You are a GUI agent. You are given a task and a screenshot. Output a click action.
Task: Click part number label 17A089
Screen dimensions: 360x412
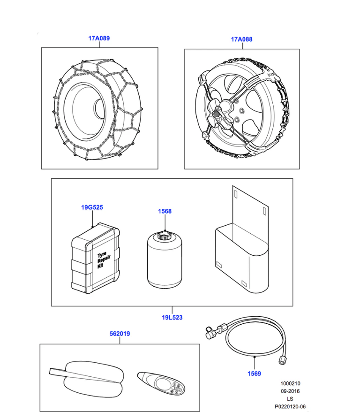click(x=99, y=38)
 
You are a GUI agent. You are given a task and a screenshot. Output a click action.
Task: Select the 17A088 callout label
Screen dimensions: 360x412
click(x=241, y=39)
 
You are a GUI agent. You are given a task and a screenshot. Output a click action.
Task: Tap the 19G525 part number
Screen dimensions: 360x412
click(x=92, y=207)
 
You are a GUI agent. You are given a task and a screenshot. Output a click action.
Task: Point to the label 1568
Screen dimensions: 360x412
click(x=165, y=211)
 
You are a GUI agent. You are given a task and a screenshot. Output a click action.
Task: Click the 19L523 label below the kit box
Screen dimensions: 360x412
click(x=172, y=318)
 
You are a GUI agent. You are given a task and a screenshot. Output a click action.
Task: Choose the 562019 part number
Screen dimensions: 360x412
click(x=120, y=334)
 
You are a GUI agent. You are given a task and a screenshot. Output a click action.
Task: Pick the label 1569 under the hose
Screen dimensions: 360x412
click(x=254, y=374)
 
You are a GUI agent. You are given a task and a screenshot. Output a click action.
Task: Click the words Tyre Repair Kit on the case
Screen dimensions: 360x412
click(x=104, y=260)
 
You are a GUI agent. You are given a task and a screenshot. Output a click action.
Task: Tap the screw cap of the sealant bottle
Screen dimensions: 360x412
click(x=164, y=235)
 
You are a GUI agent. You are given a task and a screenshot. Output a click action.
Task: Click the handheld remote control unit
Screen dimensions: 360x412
click(x=161, y=383)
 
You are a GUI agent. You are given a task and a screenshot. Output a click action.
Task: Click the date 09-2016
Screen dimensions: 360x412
click(x=290, y=391)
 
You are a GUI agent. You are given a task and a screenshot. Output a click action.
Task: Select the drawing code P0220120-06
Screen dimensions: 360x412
click(x=290, y=406)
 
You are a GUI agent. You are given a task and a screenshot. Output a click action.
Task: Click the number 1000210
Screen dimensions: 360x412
click(x=290, y=384)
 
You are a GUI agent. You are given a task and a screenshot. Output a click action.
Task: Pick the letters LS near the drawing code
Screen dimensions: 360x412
click(x=290, y=399)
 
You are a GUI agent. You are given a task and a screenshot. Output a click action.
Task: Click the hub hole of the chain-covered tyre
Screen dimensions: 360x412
click(x=99, y=108)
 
